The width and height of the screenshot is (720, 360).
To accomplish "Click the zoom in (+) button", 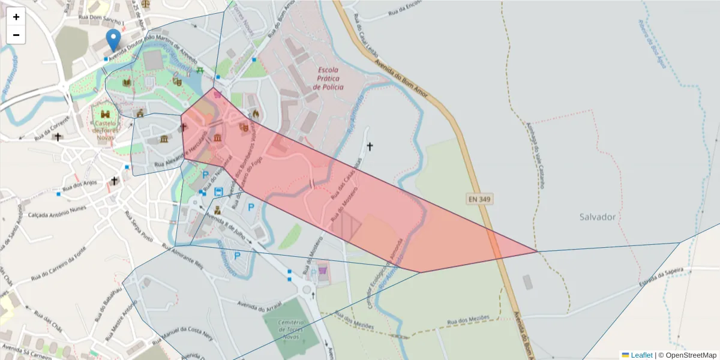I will pos(16,17).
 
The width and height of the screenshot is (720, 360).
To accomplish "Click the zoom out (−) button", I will pos(16,35).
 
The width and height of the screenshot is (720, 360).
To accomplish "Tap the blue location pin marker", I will pos(113,41).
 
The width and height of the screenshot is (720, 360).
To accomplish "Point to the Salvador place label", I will pos(598,217).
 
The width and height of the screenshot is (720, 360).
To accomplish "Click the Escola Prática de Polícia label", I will pos(329,79).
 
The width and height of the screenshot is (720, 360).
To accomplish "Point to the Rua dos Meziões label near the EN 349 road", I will pos(470,319).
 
